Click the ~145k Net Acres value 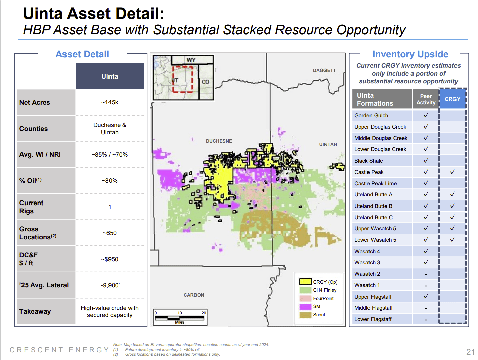[110, 102]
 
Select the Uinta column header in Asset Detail [110, 76]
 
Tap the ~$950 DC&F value [110, 259]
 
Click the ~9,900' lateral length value [110, 285]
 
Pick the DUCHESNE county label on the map [219, 141]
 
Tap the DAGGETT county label [324, 70]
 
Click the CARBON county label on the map [194, 295]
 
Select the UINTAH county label [328, 144]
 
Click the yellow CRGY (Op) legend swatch [305, 282]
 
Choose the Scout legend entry [319, 315]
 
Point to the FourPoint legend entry [323, 298]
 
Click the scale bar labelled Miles [180, 318]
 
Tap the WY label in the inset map [191, 60]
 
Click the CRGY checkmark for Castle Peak [452, 172]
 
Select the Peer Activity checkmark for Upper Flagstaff [426, 296]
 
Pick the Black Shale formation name [368, 161]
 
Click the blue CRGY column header [452, 99]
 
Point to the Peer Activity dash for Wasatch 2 [426, 274]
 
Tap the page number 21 [470, 352]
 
